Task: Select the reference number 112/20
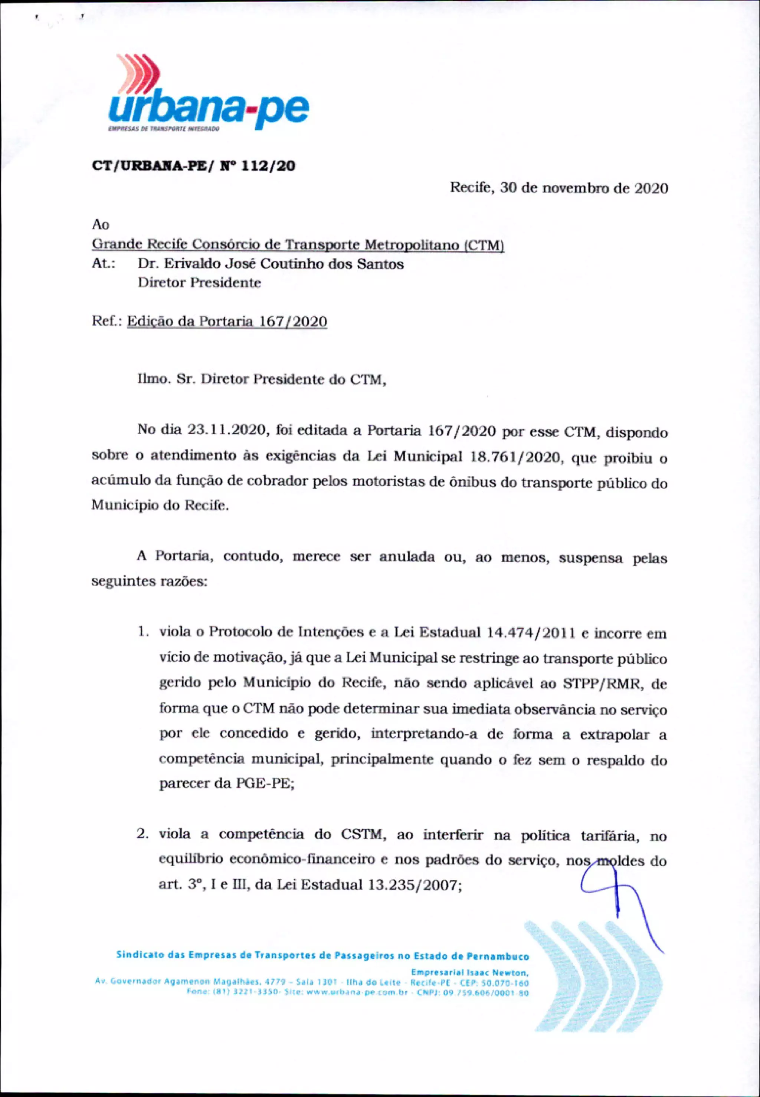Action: pos(268,166)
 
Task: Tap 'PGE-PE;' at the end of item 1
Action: pos(265,784)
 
